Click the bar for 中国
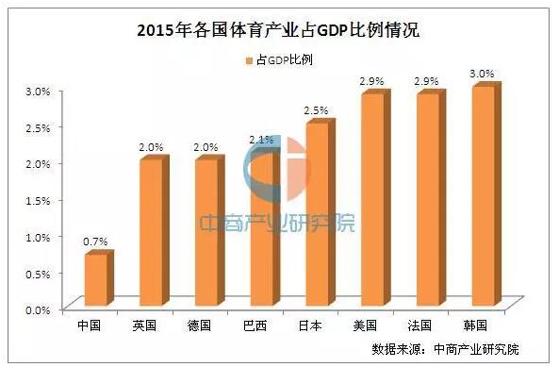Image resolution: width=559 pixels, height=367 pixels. (93, 281)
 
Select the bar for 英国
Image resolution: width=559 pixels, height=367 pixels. (149, 234)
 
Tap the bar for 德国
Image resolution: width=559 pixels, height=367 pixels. (204, 234)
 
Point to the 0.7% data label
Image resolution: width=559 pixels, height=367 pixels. (94, 242)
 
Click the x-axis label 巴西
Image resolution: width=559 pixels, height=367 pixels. (255, 325)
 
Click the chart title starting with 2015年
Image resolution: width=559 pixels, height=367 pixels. (278, 30)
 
